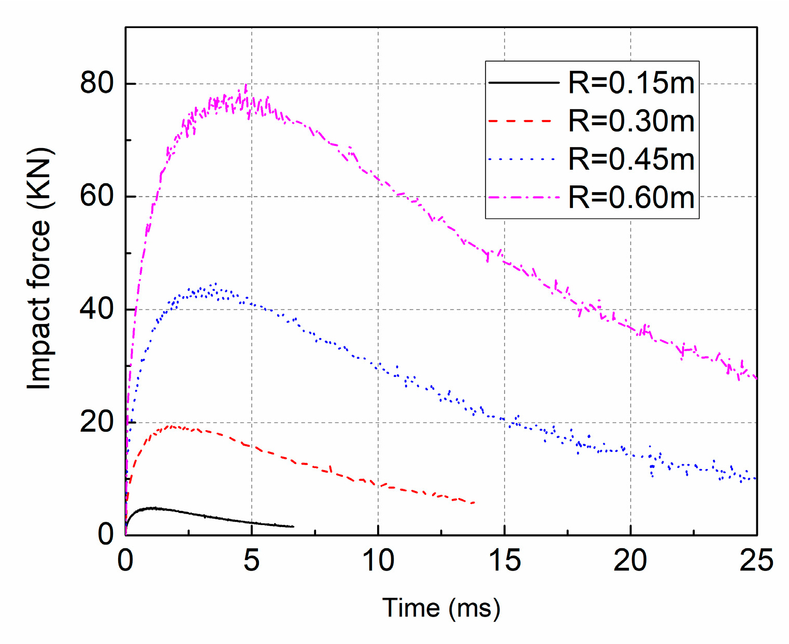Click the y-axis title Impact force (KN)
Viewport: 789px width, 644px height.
[x=39, y=269]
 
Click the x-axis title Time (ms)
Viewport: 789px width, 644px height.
[x=441, y=608]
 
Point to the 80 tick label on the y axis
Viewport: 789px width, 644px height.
[x=97, y=83]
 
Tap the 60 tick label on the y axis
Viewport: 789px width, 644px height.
[x=97, y=197]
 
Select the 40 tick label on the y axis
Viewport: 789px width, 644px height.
[x=97, y=310]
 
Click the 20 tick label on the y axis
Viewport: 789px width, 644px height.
[x=97, y=422]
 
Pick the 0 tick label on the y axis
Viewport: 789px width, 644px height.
[x=106, y=535]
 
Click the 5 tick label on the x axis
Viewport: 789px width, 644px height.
[x=252, y=561]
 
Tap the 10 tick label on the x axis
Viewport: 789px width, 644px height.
[x=378, y=561]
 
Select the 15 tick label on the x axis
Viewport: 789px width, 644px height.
[x=505, y=561]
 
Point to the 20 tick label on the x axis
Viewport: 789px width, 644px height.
[x=630, y=561]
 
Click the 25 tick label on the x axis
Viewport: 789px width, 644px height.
[x=756, y=561]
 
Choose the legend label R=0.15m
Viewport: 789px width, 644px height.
[x=631, y=83]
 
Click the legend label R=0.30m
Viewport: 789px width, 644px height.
[x=631, y=121]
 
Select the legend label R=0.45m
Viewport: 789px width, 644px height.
[x=631, y=159]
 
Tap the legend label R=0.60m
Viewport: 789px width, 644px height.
[x=631, y=197]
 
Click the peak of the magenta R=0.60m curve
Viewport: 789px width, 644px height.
[x=246, y=85]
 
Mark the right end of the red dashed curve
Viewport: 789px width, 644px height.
[x=474, y=503]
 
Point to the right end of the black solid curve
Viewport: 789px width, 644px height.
[x=293, y=526]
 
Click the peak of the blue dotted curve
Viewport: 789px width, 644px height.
[x=215, y=284]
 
